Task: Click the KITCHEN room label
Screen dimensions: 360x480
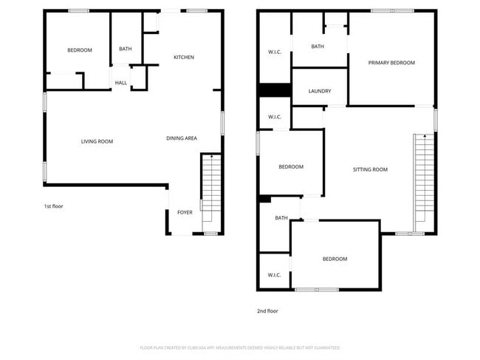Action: (184, 57)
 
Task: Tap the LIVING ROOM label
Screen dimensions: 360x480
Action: (97, 141)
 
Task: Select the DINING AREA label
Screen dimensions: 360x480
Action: (181, 138)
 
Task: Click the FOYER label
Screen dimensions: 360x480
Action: (185, 212)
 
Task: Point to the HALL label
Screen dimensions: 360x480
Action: (120, 83)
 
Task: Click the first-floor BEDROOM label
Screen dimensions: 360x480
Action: (80, 50)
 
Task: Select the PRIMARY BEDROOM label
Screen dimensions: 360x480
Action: (391, 63)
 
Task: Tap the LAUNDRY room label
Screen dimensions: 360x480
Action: (319, 92)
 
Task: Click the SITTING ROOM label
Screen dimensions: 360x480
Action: (370, 169)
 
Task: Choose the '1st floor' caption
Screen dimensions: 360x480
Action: (53, 206)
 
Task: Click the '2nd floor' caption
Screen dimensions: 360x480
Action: (267, 311)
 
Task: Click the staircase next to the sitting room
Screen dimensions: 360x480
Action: (423, 181)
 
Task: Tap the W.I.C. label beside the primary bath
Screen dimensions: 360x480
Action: (274, 52)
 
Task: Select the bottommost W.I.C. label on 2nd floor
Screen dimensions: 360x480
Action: (274, 275)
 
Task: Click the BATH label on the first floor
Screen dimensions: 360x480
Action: (126, 50)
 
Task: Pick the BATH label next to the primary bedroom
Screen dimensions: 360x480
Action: (318, 47)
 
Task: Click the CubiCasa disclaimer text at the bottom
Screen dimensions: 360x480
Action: (240, 347)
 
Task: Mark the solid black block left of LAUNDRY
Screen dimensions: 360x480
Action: (274, 90)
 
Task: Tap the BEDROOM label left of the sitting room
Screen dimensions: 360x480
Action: (291, 167)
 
